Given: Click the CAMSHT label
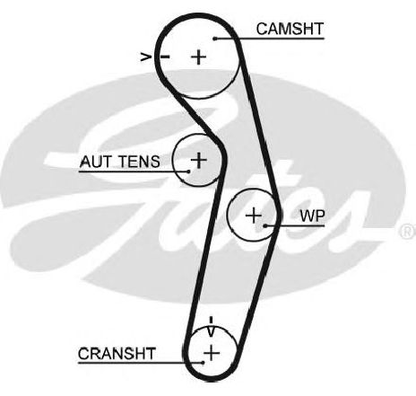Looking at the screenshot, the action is (x=290, y=29).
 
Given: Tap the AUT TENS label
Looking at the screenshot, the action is (x=120, y=162).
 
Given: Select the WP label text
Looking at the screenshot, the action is (x=312, y=216).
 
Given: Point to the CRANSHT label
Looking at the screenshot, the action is (x=117, y=354).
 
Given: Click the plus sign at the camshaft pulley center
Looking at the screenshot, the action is (x=198, y=57).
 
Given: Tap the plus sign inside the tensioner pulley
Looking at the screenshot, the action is (x=198, y=160).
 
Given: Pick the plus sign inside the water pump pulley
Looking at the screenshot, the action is (x=254, y=216).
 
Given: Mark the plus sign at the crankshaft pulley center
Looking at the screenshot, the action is (x=212, y=353).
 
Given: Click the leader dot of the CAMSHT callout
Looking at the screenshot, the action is (x=215, y=39).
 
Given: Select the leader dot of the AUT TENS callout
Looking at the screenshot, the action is (x=188, y=172).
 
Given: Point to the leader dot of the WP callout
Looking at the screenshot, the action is (x=265, y=225).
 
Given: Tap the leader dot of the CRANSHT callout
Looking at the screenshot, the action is (x=203, y=363).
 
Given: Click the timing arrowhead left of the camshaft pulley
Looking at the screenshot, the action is (x=145, y=57).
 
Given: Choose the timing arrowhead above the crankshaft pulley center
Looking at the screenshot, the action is (x=211, y=332).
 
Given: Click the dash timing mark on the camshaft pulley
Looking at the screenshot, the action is (x=165, y=57).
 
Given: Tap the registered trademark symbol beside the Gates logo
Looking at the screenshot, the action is (x=408, y=231).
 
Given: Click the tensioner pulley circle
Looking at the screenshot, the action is (x=173, y=160).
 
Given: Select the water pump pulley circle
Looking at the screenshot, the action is (x=228, y=215).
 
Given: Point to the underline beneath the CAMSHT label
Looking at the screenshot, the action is (x=270, y=39).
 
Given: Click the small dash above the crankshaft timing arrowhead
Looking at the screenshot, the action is (x=212, y=321).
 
